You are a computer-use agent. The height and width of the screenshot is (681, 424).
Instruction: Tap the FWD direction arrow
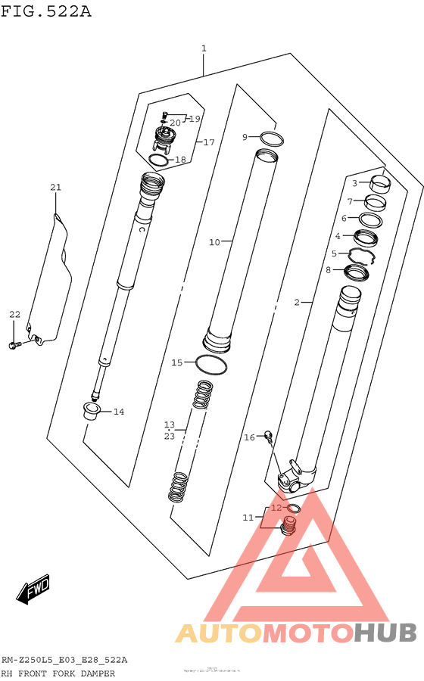(34, 589)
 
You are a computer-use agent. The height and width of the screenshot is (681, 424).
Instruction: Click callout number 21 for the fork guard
(55, 188)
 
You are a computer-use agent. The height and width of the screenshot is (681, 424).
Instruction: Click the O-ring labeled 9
(272, 139)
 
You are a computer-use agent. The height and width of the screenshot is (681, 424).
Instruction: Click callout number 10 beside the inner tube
(214, 242)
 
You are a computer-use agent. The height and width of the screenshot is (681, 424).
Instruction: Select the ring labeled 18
(158, 160)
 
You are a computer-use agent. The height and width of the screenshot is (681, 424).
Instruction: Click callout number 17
(209, 142)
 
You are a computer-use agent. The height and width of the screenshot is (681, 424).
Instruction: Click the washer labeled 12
(293, 508)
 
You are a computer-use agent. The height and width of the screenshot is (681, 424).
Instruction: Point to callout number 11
(248, 518)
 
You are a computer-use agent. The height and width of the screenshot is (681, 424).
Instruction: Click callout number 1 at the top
(204, 48)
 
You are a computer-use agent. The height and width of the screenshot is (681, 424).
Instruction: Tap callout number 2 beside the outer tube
(298, 303)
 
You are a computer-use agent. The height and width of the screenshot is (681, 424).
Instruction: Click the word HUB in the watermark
(385, 631)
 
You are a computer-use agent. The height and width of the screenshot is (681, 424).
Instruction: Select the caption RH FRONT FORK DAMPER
(58, 673)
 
